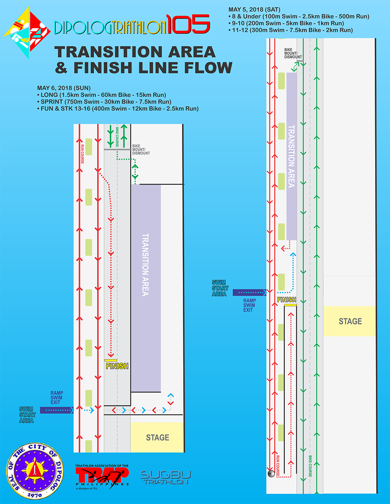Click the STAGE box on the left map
tap(157, 437)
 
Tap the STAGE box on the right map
tap(350, 321)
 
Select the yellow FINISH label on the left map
tap(117, 366)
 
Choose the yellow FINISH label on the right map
tap(286, 300)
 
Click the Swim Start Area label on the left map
tap(27, 415)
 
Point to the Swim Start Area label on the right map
tap(220, 288)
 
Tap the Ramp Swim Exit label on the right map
tap(249, 305)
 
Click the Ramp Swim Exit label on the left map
tap(56, 397)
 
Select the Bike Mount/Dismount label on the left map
tap(141, 149)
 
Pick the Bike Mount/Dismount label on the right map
tap(292, 53)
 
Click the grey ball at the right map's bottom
tap(271, 474)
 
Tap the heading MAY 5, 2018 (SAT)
tap(254, 10)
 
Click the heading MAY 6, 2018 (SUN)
tap(64, 88)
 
